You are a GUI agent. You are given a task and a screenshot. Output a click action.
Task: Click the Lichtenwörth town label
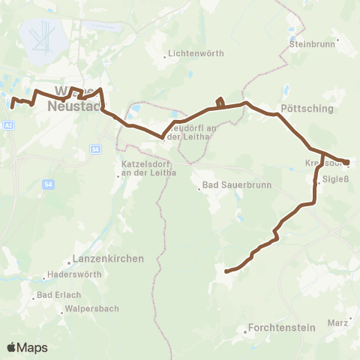(x=194, y=55)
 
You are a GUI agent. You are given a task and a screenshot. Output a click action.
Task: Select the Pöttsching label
(x=306, y=109)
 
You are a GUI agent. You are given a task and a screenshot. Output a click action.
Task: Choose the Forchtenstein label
(x=277, y=327)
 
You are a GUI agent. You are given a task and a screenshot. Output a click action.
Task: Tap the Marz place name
(x=337, y=322)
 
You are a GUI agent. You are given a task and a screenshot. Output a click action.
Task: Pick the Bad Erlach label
(x=57, y=295)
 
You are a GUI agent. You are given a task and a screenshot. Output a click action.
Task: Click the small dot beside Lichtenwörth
(x=165, y=55)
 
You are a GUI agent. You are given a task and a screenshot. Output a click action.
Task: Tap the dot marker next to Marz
(x=350, y=319)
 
